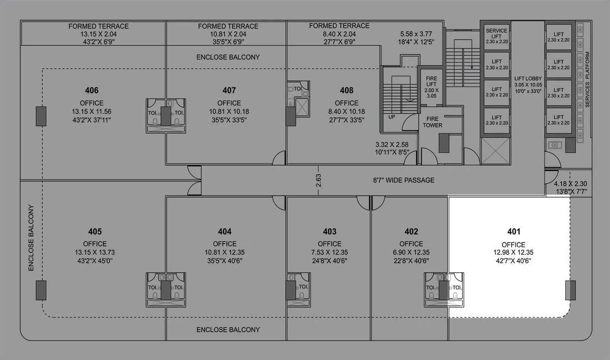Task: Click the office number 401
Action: point(514,231)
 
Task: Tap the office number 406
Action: point(91,90)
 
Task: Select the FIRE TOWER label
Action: point(432,122)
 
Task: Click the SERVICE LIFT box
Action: point(496,36)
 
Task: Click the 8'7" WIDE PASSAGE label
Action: point(404,180)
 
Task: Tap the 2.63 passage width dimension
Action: point(318,180)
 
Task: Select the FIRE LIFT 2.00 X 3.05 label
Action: point(431,87)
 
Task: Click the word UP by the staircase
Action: point(392,117)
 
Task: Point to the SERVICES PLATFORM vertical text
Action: point(587,79)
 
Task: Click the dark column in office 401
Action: point(570,290)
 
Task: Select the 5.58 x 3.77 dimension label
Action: point(416,38)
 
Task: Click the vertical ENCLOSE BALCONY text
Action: point(31,238)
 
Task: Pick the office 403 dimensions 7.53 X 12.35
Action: point(329,252)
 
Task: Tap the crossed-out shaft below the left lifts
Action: point(496,151)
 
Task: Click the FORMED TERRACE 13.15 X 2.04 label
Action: point(98,34)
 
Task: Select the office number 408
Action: point(347,90)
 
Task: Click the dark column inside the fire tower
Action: point(444,143)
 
